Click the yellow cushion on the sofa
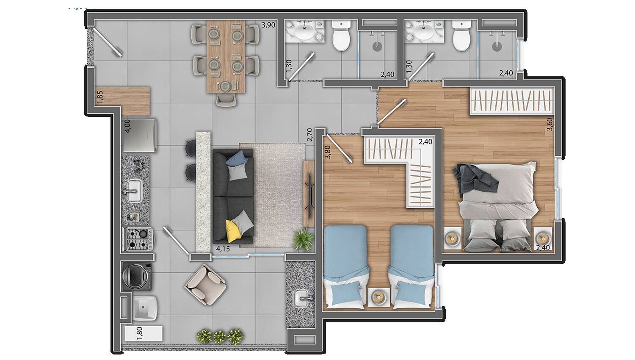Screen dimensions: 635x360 (233, 231)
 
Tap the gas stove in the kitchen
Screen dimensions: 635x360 (138, 239)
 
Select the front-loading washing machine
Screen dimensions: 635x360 (137, 276)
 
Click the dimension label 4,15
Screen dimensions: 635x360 (223, 249)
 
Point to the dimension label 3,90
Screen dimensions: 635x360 (268, 25)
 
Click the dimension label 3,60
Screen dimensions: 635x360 (549, 124)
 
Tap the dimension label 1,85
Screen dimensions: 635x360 (100, 97)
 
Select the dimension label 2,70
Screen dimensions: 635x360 (310, 135)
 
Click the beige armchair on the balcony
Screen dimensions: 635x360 (205, 284)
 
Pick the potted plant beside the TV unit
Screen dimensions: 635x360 (304, 240)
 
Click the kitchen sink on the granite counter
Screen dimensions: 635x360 (134, 191)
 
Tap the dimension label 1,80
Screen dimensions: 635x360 (139, 333)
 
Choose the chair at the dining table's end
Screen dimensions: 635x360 (226, 100)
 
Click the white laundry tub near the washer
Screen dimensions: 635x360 (145, 308)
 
